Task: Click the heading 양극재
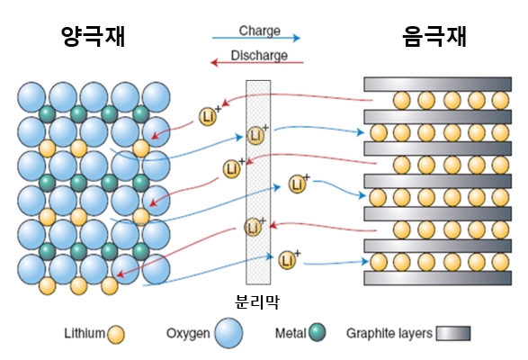click(94, 36)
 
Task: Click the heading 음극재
click(434, 36)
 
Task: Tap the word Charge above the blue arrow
click(260, 31)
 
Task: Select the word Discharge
click(259, 55)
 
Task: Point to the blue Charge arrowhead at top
click(296, 38)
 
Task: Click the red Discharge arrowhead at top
click(214, 62)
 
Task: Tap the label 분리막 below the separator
click(257, 301)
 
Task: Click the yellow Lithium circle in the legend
click(116, 335)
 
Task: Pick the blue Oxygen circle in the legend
click(229, 333)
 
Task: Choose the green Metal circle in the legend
click(318, 332)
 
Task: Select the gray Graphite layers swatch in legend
click(453, 333)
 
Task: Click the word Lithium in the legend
click(85, 333)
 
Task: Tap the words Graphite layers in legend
click(389, 333)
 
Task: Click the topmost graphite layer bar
click(438, 84)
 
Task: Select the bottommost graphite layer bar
click(438, 278)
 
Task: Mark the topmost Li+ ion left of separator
click(208, 117)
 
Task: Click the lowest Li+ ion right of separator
click(287, 260)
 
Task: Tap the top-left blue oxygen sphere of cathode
click(31, 97)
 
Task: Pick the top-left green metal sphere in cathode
click(48, 114)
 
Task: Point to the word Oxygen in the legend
click(188, 333)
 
